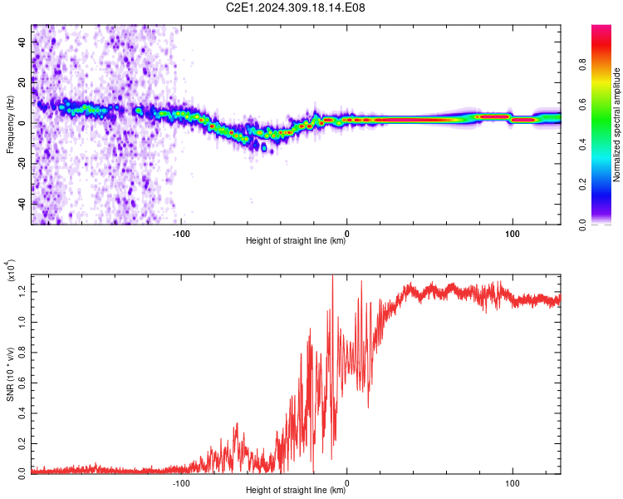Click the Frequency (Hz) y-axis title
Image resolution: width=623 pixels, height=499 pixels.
pyautogui.click(x=11, y=124)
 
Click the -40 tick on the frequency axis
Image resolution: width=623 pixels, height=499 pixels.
pyautogui.click(x=22, y=204)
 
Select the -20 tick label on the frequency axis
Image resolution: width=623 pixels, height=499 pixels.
pyautogui.click(x=22, y=163)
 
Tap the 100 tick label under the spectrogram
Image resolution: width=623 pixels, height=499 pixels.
pyautogui.click(x=513, y=231)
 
